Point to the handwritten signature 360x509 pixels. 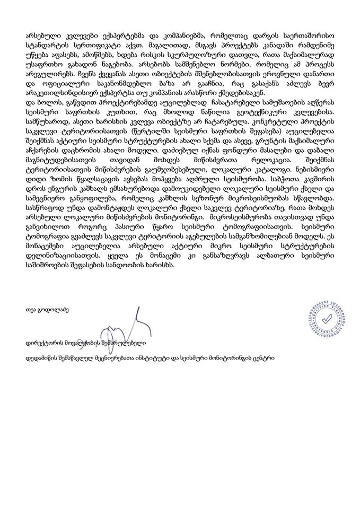tap(130, 321)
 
